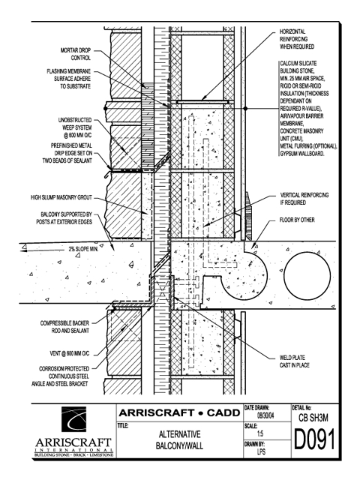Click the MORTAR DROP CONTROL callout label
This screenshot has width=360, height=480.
click(x=76, y=54)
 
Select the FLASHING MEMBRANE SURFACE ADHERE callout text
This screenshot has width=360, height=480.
click(x=69, y=79)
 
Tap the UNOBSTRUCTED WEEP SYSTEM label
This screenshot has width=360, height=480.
click(x=75, y=127)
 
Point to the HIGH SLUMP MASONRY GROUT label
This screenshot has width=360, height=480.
click(x=61, y=198)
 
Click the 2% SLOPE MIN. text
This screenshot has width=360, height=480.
click(x=83, y=249)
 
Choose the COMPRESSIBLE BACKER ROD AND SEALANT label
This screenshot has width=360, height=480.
click(x=65, y=327)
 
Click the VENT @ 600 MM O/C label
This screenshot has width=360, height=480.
click(x=70, y=353)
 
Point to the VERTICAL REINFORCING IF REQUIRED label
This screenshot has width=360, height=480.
click(x=304, y=199)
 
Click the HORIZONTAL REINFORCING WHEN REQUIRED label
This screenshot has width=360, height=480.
click(x=297, y=39)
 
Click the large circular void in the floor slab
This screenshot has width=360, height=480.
click(x=307, y=273)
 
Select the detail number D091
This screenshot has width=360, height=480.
click(x=315, y=439)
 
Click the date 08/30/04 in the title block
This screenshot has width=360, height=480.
click(x=265, y=415)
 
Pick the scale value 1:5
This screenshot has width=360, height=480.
click(x=260, y=433)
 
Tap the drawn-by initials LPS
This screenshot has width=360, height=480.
click(x=261, y=451)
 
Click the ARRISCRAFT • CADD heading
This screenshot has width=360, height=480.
click(x=179, y=413)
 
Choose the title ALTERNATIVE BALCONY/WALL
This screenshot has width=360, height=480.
click(x=179, y=440)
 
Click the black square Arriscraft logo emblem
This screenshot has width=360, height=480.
click(x=73, y=419)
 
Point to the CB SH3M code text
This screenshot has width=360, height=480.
click(x=313, y=418)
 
